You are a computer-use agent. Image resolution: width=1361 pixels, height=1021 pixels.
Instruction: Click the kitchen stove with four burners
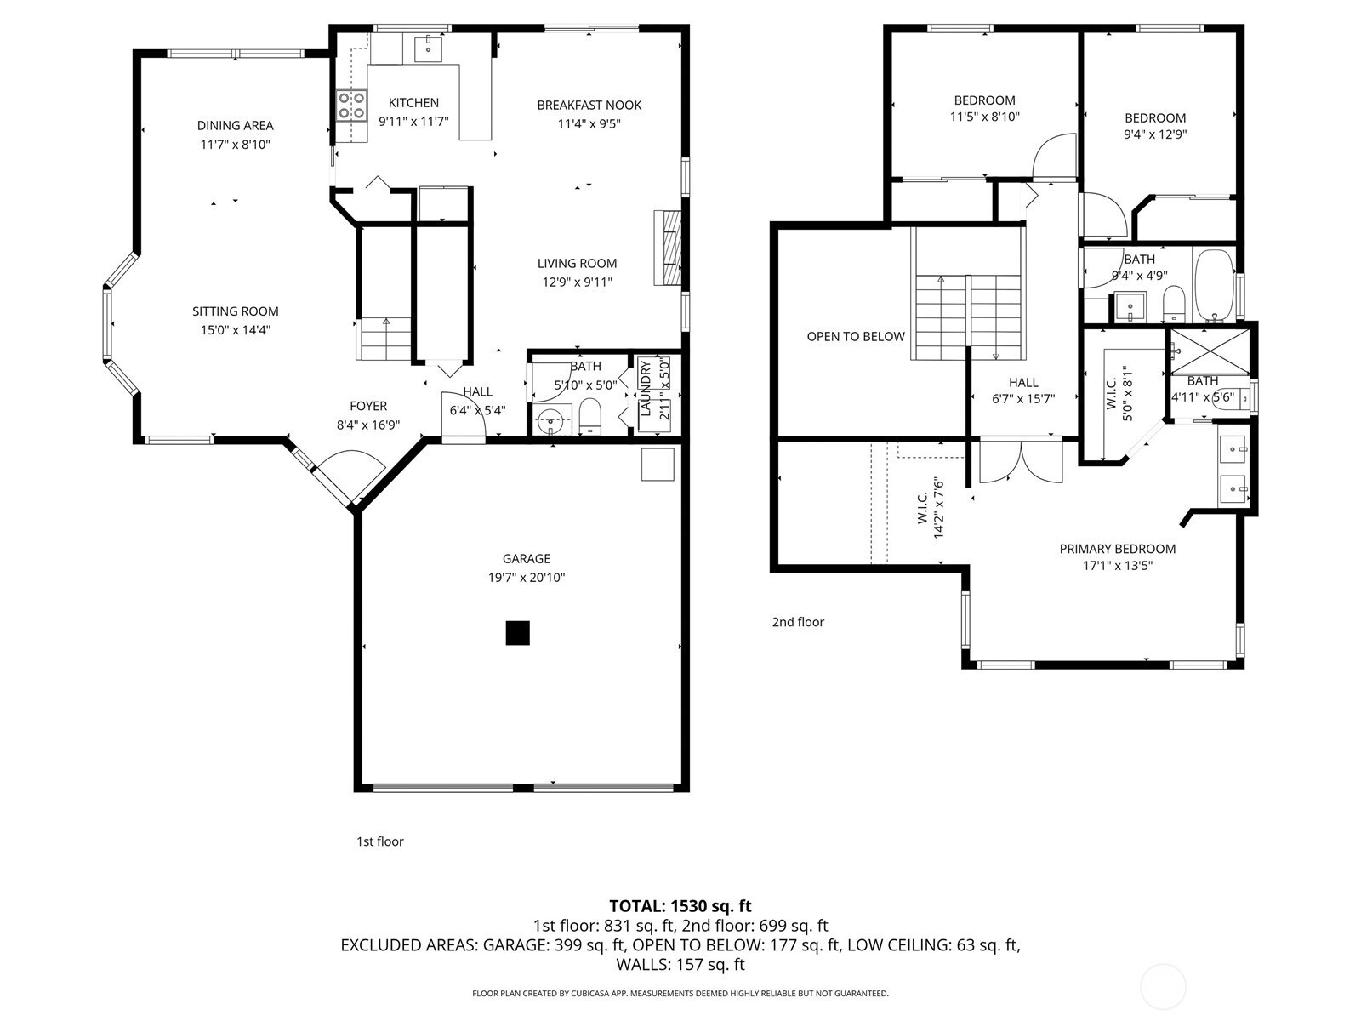pos(351,106)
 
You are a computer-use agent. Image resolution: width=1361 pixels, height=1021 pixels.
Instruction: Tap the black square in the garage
pos(518,634)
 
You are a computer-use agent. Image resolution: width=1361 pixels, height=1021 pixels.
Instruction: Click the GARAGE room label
pos(527,558)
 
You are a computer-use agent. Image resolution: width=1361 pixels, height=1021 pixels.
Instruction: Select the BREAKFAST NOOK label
pos(589,106)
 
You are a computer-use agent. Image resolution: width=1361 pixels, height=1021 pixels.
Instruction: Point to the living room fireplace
pos(668,248)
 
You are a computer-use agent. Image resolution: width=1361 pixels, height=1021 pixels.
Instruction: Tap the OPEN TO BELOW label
pos(856,337)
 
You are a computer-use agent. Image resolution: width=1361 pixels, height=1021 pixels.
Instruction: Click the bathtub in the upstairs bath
pos(1215,286)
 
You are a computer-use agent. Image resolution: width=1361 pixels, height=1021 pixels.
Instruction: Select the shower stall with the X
pos(1210,351)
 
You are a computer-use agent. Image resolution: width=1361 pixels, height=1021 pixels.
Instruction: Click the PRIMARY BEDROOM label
pos(1118,549)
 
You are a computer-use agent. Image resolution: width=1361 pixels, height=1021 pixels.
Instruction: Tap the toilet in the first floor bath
pos(589,416)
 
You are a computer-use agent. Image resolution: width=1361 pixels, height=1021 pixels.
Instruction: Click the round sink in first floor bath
pos(552,421)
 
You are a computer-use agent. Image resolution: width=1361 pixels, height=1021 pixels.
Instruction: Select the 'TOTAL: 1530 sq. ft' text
pos(680,905)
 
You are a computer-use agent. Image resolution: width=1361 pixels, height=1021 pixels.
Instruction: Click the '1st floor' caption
pos(379,841)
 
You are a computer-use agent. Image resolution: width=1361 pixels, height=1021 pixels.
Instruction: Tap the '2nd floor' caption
pos(798,622)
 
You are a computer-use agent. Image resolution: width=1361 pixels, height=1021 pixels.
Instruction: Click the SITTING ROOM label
pos(235,311)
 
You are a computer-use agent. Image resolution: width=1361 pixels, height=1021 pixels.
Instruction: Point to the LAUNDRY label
pos(646,387)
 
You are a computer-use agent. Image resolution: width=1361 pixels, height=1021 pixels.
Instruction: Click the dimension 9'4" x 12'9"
pos(1155,134)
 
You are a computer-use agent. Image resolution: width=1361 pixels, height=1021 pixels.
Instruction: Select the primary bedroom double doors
pos(1022,462)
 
